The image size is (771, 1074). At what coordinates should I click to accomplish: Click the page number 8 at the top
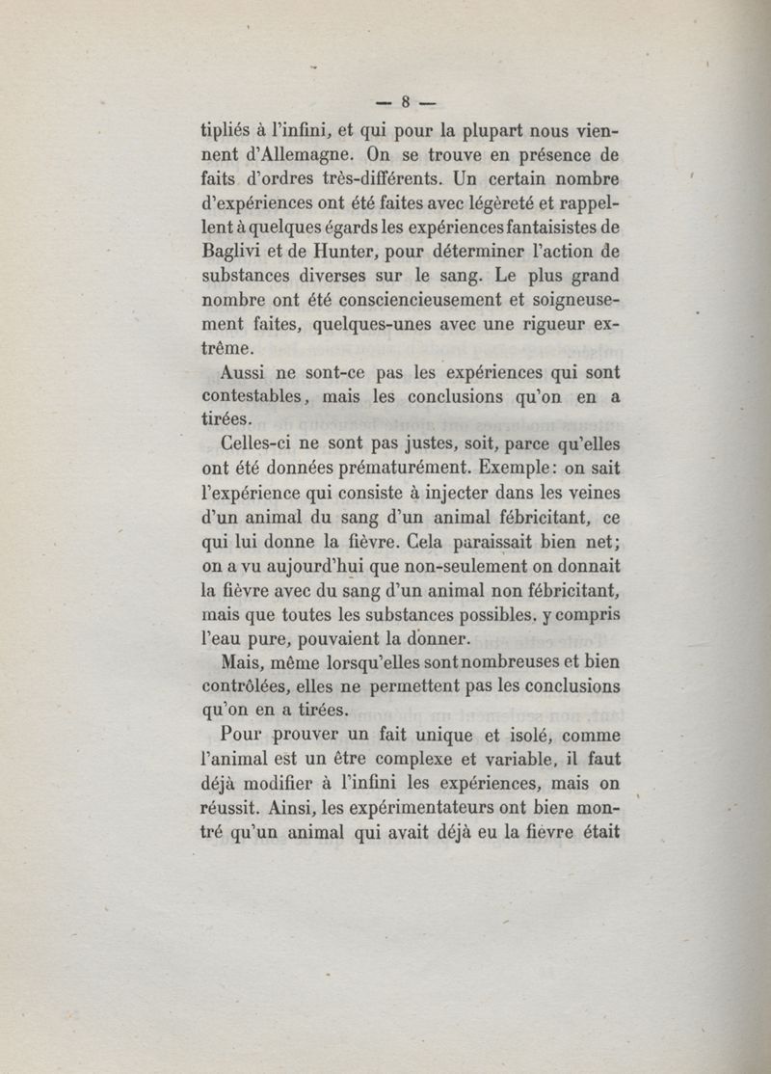pos(407,100)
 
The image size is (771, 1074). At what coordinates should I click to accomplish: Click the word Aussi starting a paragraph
pos(246,375)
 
